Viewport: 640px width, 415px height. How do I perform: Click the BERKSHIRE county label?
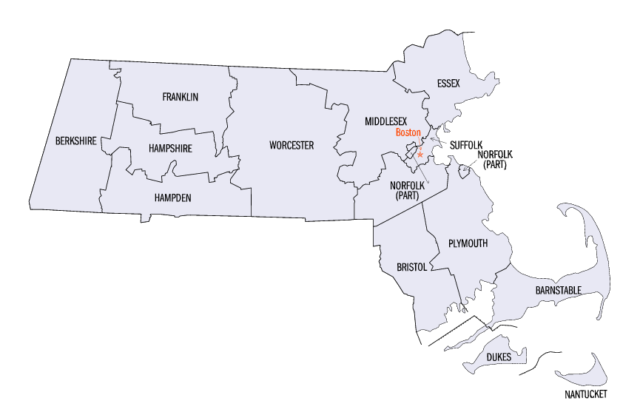click(x=75, y=141)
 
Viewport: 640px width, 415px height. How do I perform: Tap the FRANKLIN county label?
click(x=180, y=97)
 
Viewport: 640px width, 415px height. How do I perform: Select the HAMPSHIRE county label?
click(x=169, y=148)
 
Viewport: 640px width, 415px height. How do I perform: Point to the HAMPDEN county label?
click(x=172, y=198)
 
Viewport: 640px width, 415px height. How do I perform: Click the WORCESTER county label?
click(x=291, y=145)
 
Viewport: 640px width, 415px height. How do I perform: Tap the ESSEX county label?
click(x=448, y=84)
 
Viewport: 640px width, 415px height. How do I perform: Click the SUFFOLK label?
click(x=468, y=145)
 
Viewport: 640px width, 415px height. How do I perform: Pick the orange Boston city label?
click(x=408, y=132)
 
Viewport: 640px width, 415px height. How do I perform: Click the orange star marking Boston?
click(x=420, y=155)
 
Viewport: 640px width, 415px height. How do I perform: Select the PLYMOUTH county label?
click(x=468, y=243)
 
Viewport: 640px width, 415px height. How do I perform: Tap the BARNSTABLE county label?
click(x=558, y=290)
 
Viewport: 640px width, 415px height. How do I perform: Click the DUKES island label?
click(x=499, y=357)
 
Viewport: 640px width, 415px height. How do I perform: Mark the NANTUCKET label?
click(x=583, y=394)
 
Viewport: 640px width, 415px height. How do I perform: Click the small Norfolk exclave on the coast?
click(x=465, y=172)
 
